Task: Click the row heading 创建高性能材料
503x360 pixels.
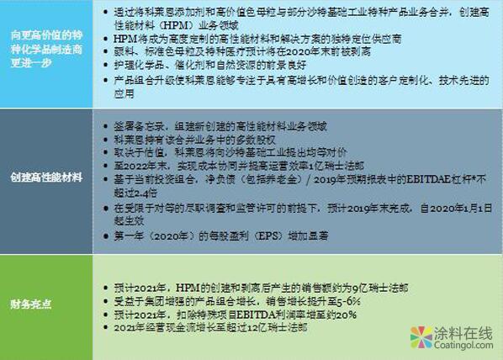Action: (x=45, y=178)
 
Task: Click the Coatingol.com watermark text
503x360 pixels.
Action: (x=458, y=347)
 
